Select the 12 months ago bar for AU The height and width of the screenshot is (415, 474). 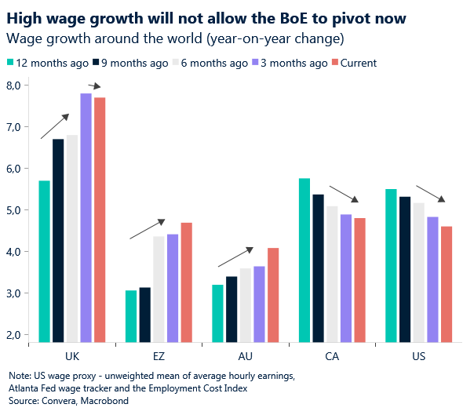pos(217,313)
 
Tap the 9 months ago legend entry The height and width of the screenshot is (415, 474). pos(129,63)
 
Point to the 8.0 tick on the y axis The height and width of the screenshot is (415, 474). pos(13,85)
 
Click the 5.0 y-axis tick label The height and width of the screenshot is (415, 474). pos(13,210)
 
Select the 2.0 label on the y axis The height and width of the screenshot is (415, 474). pos(13,335)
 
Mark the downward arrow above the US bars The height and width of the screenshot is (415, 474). pos(430,194)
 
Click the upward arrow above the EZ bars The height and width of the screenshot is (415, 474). pos(148,228)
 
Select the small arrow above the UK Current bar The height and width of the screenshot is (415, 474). pos(95,86)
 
